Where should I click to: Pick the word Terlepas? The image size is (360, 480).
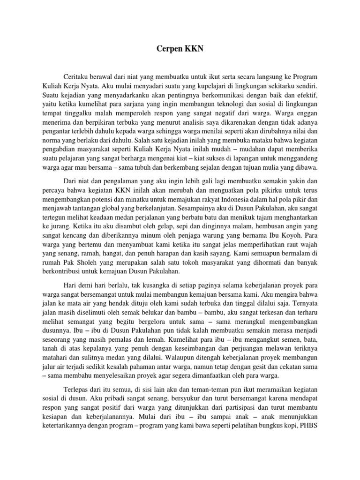tap(77, 391)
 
